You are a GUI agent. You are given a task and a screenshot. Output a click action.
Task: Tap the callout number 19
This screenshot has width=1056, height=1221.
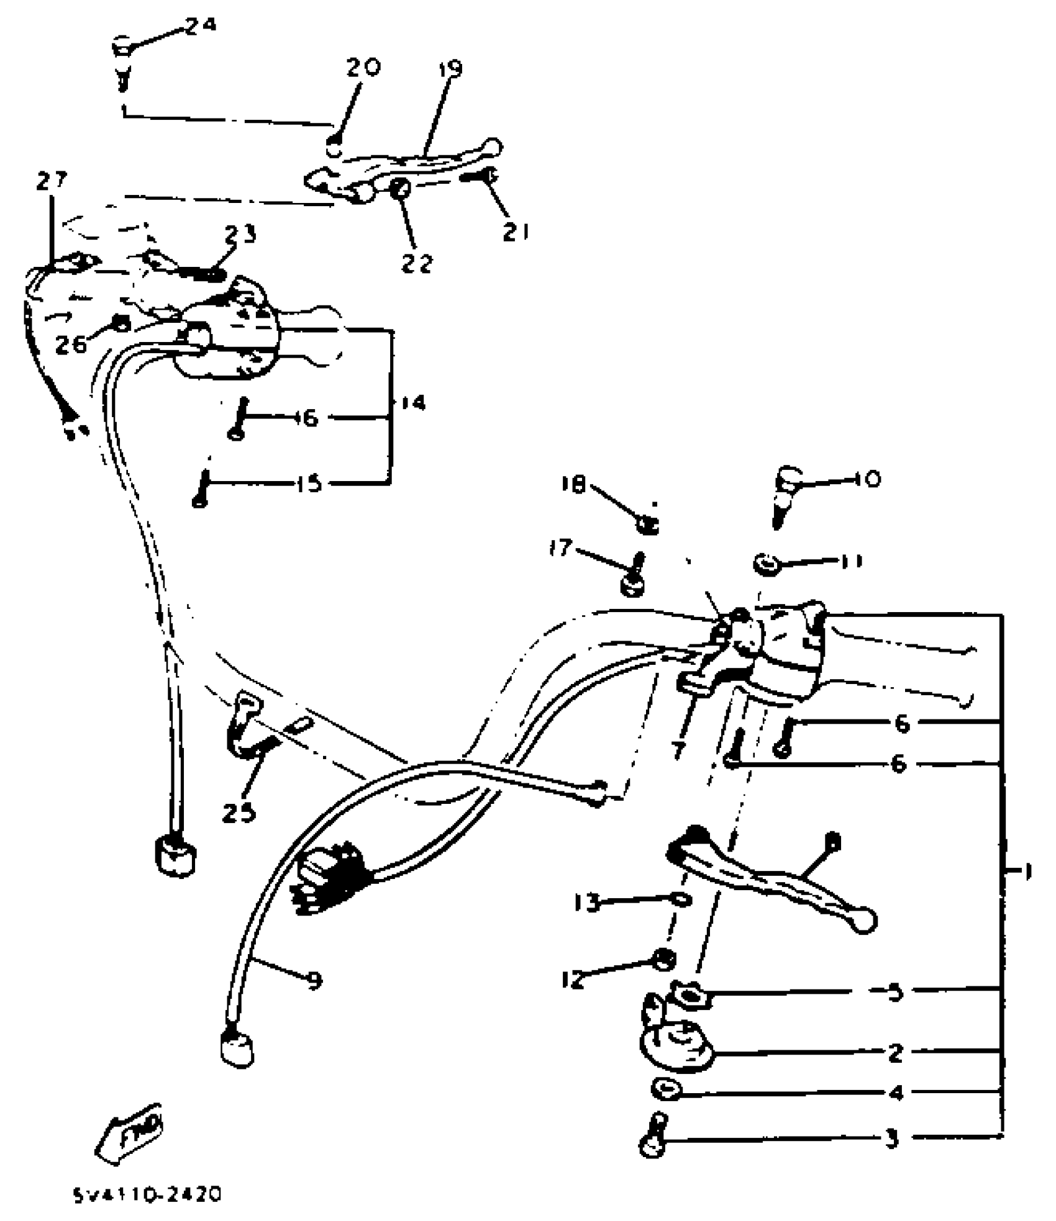point(452,68)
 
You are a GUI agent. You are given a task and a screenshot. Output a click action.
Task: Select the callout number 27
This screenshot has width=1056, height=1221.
point(50,181)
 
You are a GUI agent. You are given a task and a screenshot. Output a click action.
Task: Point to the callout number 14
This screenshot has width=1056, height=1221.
point(412,403)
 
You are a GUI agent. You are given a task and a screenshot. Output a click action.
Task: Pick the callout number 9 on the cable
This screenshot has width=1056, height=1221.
point(314,980)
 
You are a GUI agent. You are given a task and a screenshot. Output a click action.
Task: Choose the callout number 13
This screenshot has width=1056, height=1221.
point(587,902)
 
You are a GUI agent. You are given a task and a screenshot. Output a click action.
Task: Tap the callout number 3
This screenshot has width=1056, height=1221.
point(892,1140)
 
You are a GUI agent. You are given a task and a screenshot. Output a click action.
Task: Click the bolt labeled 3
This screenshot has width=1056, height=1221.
point(653,1135)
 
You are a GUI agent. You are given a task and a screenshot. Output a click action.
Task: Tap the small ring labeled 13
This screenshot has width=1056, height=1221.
point(680,898)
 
